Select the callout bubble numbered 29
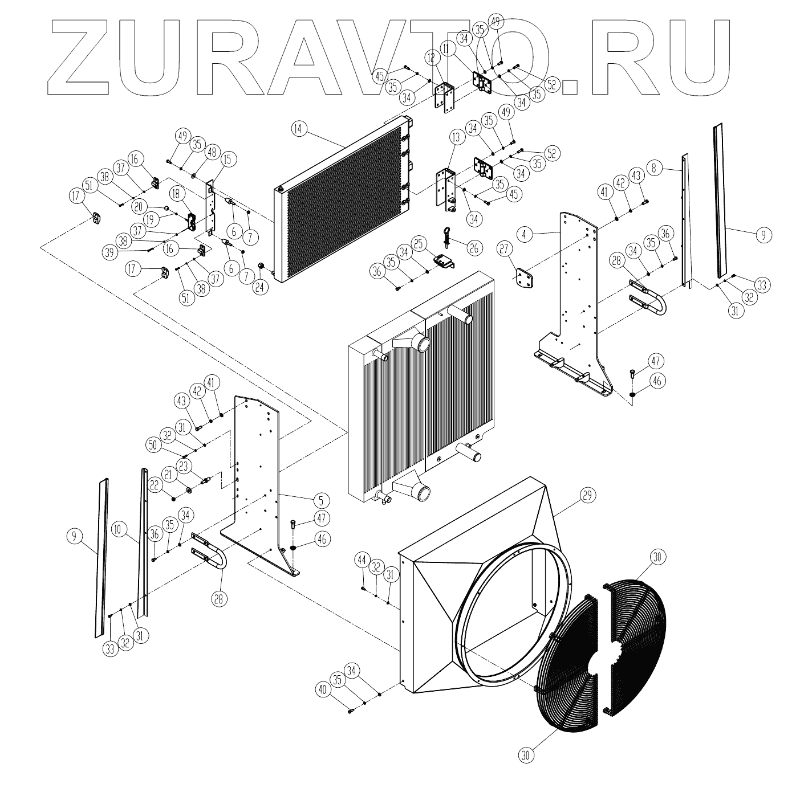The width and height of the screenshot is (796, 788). click(588, 496)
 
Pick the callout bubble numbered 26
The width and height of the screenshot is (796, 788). click(474, 248)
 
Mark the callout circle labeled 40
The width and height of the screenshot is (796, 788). click(322, 690)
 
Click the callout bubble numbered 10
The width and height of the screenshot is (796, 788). click(119, 529)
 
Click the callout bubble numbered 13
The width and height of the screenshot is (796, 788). click(455, 137)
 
